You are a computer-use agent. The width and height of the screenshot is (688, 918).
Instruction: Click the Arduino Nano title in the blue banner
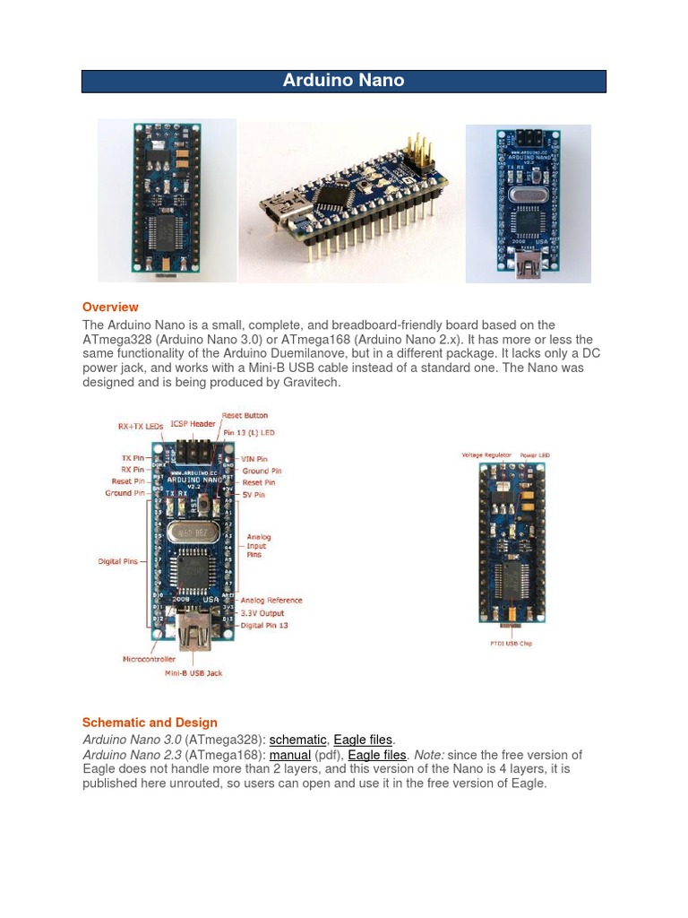point(343,81)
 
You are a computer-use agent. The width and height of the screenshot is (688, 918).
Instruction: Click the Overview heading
point(110,307)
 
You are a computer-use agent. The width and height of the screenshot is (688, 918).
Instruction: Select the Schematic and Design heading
point(150,723)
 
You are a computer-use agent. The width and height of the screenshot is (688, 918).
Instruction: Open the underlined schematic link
point(297,740)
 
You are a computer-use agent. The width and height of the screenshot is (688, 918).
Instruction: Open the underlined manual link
point(289,755)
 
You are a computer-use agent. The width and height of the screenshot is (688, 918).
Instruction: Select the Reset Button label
point(245,416)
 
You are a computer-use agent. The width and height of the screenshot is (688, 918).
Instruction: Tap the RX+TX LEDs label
point(140,426)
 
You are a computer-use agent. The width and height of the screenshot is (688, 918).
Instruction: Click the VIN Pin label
point(254,459)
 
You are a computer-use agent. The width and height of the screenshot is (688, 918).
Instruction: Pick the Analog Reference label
point(271,601)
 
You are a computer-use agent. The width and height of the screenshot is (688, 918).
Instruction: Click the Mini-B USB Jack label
point(193,673)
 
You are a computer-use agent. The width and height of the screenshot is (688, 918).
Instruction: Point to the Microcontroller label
point(150,659)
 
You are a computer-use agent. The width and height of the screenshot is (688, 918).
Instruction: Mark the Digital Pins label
point(118,562)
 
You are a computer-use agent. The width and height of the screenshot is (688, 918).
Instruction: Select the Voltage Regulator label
point(486,455)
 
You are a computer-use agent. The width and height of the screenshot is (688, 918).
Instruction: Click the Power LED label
point(535,455)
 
